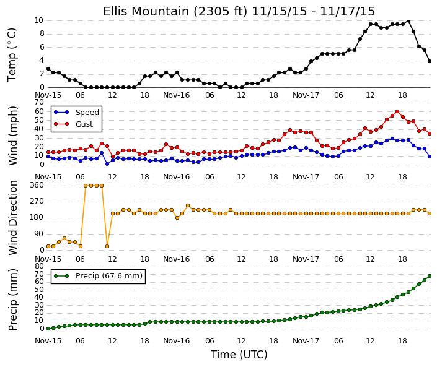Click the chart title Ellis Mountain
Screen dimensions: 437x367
point(147,12)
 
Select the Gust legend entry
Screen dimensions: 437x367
point(74,124)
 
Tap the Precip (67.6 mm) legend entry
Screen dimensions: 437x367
point(98,276)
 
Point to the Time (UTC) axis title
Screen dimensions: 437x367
point(239,355)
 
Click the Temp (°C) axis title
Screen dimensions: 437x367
point(12,55)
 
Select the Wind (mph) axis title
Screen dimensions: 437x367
point(12,136)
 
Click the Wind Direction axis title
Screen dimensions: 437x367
point(13,218)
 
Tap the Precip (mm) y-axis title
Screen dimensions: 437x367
point(12,300)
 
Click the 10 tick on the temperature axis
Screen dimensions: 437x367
point(38,20)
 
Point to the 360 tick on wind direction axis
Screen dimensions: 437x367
point(37,185)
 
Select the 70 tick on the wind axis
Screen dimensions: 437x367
point(39,102)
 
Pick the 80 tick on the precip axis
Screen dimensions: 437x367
point(39,266)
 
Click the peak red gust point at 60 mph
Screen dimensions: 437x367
point(397,111)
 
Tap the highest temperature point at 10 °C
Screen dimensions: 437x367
point(408,20)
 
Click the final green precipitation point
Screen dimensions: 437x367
point(430,276)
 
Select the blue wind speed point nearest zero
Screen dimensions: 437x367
point(107,164)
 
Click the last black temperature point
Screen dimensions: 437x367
point(430,61)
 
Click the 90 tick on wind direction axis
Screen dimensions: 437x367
point(39,234)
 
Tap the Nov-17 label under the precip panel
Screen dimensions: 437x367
point(306,341)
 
